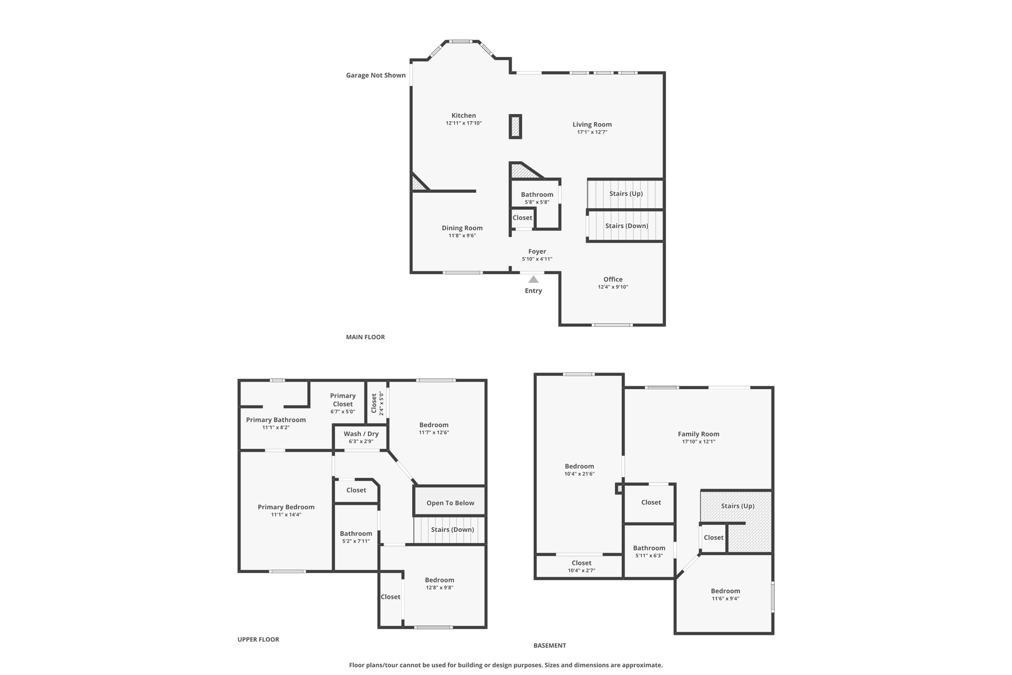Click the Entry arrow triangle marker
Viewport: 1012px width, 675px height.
(x=533, y=279)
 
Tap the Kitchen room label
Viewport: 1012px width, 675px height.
(x=464, y=116)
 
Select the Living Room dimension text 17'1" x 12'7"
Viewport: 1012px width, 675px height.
(x=592, y=132)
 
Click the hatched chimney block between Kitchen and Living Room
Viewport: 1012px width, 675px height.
(x=515, y=127)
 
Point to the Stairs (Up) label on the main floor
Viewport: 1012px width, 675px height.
(x=626, y=193)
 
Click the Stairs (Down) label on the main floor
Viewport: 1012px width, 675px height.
(x=626, y=225)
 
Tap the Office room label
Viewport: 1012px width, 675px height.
(x=613, y=279)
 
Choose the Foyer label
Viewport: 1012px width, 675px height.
(x=537, y=251)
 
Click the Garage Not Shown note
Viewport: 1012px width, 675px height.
(x=376, y=75)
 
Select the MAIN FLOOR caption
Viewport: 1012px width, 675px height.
(x=365, y=337)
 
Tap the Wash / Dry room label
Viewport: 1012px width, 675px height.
(x=361, y=434)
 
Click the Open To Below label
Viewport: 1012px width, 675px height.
(x=450, y=503)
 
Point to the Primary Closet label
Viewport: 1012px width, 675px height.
(x=342, y=400)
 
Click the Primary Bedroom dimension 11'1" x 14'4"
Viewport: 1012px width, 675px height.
(x=286, y=515)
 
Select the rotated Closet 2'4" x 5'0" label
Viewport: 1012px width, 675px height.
(x=377, y=403)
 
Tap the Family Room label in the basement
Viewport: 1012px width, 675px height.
(x=698, y=434)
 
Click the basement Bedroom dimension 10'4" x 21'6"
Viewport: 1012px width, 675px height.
(x=579, y=474)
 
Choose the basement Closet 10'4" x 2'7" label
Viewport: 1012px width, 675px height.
(x=581, y=566)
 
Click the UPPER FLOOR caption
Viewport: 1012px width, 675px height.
(x=258, y=639)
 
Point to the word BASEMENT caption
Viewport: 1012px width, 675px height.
(x=549, y=645)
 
